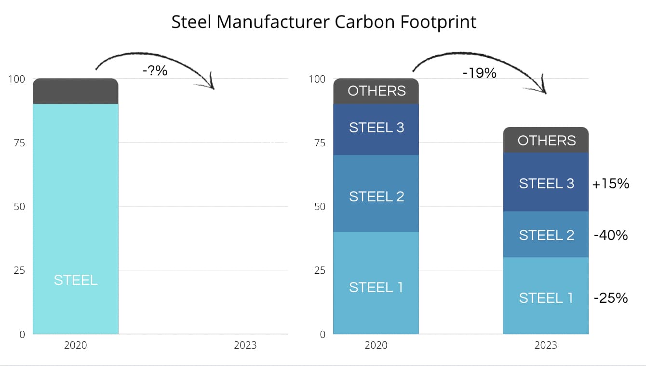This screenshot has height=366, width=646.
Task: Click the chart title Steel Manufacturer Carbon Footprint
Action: point(324,22)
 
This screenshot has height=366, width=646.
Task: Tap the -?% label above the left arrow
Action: point(155,71)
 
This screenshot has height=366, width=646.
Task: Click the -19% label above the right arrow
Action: point(479,73)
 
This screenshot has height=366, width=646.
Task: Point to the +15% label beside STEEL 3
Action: point(611,183)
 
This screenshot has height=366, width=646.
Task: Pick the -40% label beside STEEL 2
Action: point(611,235)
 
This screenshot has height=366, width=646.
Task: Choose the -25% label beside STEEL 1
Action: point(611,298)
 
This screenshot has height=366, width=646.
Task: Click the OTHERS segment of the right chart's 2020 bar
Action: point(376,91)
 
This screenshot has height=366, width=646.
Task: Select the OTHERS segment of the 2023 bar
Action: point(546,140)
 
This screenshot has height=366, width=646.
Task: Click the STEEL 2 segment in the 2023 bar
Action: point(546,235)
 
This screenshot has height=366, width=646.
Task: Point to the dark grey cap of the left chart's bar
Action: point(76,91)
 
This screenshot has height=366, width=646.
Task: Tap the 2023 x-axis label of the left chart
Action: point(245,345)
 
